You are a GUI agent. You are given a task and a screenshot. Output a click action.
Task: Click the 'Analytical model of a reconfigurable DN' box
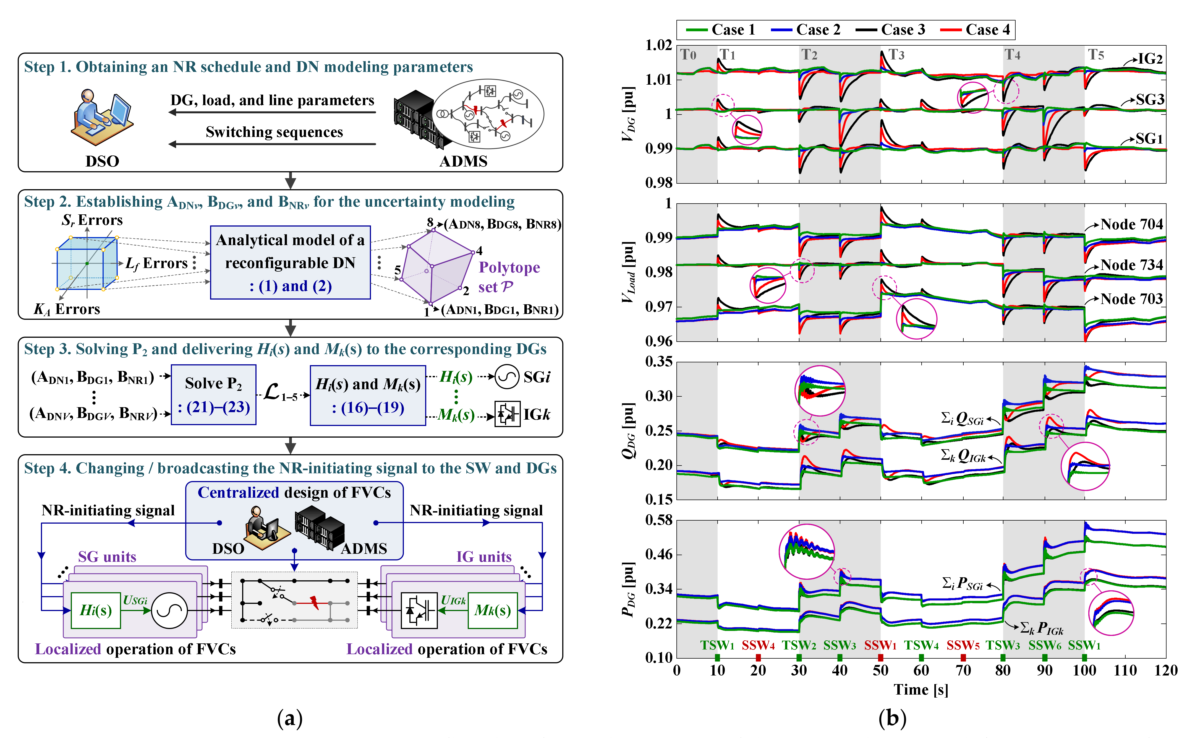coord(290,263)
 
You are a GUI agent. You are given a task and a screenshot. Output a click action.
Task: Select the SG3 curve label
coord(1150,100)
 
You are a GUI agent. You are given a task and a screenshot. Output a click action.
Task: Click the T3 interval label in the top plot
coord(896,55)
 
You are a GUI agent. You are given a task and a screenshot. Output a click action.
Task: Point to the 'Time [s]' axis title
coord(921,690)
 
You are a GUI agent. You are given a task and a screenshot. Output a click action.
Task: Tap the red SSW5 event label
coord(963,646)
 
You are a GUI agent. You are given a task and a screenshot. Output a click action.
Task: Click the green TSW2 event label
coord(799,646)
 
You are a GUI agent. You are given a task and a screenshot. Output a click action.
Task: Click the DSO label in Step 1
coord(103,161)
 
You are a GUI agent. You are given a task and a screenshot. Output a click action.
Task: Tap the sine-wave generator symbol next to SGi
coord(507,377)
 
